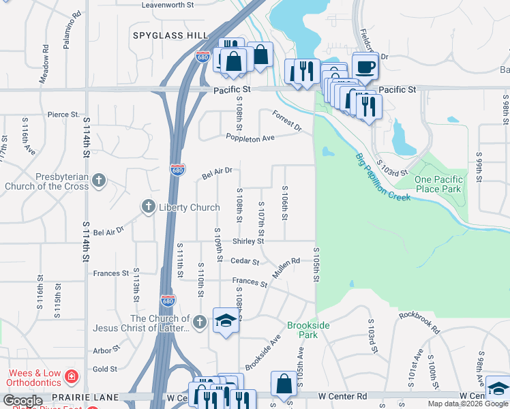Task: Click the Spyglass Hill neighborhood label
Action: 170,34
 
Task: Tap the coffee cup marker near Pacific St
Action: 365,67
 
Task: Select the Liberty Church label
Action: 189,207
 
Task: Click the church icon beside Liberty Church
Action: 149,207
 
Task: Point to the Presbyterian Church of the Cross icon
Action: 99,181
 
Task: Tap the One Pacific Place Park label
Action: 439,184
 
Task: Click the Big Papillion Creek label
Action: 382,178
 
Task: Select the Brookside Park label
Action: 308,330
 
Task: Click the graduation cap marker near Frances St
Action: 226,320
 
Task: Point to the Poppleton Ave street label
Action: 250,138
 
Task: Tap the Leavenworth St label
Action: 168,5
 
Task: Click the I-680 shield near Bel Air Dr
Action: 177,168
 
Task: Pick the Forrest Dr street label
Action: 286,120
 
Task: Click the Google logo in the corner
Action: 22,401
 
